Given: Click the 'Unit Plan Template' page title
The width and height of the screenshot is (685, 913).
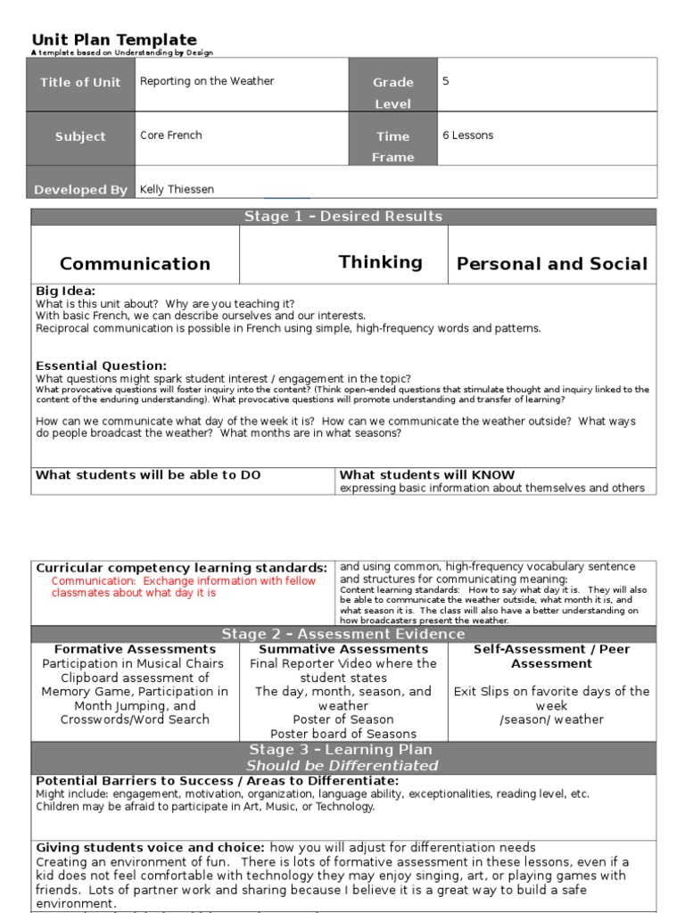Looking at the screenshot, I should [x=114, y=39].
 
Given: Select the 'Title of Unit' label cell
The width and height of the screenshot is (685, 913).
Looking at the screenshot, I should [x=80, y=83].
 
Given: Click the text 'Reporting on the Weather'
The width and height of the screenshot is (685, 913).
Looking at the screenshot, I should [x=207, y=81].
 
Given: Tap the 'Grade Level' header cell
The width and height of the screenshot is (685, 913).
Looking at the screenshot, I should [x=392, y=92].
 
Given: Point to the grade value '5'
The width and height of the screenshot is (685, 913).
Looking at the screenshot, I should [x=446, y=81].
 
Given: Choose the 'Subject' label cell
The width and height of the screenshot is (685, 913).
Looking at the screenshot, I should [x=80, y=137].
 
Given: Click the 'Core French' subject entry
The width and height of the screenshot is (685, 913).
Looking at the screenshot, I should [x=171, y=136].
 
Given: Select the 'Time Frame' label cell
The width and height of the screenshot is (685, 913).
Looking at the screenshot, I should [x=392, y=146].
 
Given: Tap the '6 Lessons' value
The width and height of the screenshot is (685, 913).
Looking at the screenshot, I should [x=467, y=136].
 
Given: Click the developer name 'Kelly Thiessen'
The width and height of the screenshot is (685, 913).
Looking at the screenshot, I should [x=177, y=189].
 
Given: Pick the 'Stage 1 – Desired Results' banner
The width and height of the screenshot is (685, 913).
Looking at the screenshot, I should [x=343, y=217].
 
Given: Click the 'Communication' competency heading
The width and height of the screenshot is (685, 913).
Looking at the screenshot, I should [x=135, y=264].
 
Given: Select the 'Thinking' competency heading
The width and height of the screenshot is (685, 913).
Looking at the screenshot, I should [x=381, y=262].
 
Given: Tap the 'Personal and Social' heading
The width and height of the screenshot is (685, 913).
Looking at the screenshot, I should [x=552, y=264].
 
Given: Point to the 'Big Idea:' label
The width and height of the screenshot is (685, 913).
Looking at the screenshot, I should [x=65, y=291].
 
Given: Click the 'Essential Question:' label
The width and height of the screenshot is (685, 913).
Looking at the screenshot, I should [x=101, y=366].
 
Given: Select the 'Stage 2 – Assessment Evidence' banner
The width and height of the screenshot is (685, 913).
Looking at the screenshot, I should [x=343, y=634].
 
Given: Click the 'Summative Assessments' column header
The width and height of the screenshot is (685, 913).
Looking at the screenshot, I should [x=343, y=649].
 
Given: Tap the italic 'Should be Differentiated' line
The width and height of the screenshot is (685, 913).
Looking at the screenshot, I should [x=343, y=765].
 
